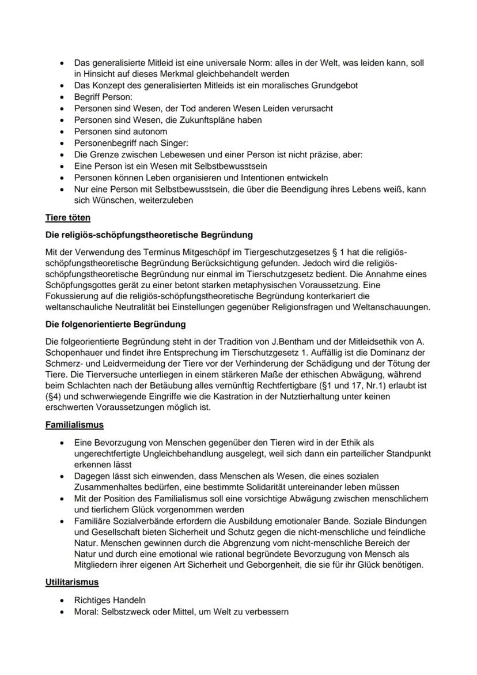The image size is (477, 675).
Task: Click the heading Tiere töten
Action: coord(67,217)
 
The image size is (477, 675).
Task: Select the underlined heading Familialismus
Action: coord(74,425)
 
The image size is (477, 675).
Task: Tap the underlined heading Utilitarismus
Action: coord(72,582)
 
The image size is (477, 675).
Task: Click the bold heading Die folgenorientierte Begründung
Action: coord(115,325)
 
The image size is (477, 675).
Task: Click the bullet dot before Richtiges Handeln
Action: coord(62,601)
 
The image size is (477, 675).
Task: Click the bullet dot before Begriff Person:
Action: coord(62,97)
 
